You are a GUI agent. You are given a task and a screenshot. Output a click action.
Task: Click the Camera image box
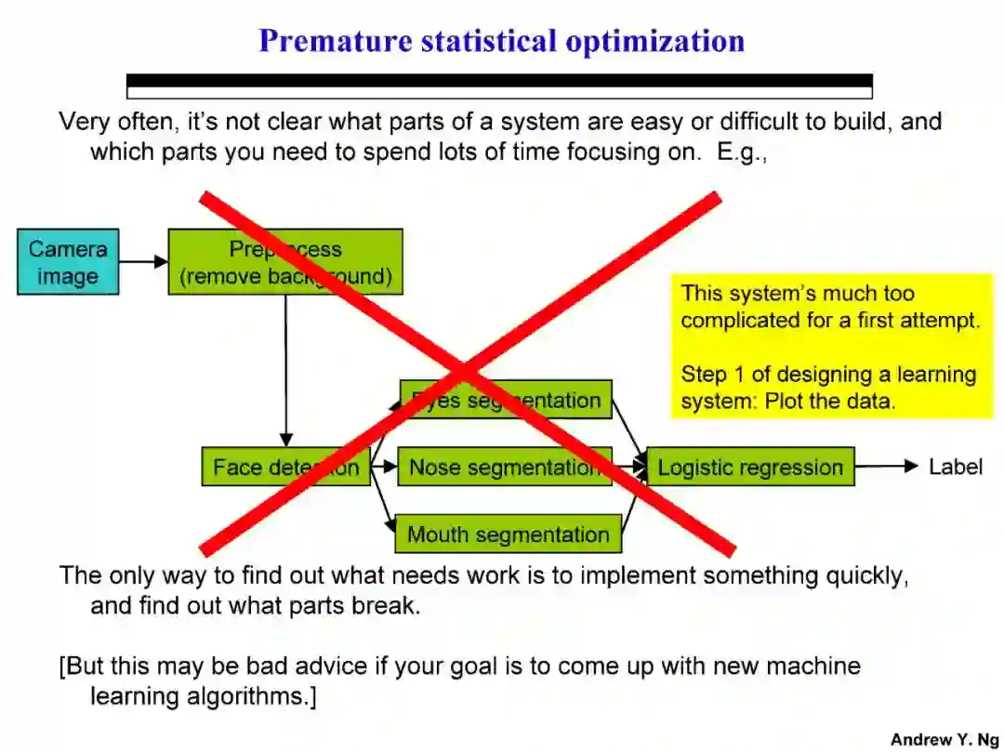68,262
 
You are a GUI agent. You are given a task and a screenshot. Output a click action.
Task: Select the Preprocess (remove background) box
284,262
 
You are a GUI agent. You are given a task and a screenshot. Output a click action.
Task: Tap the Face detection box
285,467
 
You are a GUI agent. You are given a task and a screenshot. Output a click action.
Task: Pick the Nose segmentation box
505,467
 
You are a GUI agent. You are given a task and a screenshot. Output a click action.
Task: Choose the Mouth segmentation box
508,534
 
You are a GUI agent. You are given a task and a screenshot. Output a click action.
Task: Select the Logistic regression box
749,467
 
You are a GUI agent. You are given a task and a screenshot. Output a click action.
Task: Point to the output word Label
955,467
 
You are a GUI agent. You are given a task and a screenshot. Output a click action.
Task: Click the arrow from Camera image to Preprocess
143,262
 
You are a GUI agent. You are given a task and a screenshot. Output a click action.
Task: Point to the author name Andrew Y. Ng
945,740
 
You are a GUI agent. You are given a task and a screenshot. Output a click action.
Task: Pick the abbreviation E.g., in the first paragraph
741,152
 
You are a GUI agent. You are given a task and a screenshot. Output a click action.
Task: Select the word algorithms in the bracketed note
250,695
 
